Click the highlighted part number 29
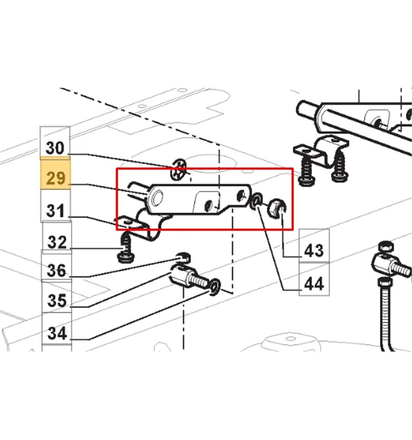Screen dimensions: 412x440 [55, 177]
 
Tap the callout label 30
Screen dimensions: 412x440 [55, 148]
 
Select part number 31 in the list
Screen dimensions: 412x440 [55, 210]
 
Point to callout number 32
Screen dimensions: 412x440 [57, 242]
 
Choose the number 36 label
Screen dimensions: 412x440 [57, 270]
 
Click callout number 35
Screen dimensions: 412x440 [57, 300]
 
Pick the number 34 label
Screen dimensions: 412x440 [57, 333]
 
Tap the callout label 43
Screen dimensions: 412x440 [314, 250]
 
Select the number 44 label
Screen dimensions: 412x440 [314, 284]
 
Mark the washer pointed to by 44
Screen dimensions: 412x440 [256, 201]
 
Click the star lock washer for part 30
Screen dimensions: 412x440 [179, 170]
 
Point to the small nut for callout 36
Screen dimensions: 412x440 [183, 258]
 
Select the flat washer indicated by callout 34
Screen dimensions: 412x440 [215, 286]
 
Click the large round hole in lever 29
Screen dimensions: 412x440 [157, 197]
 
